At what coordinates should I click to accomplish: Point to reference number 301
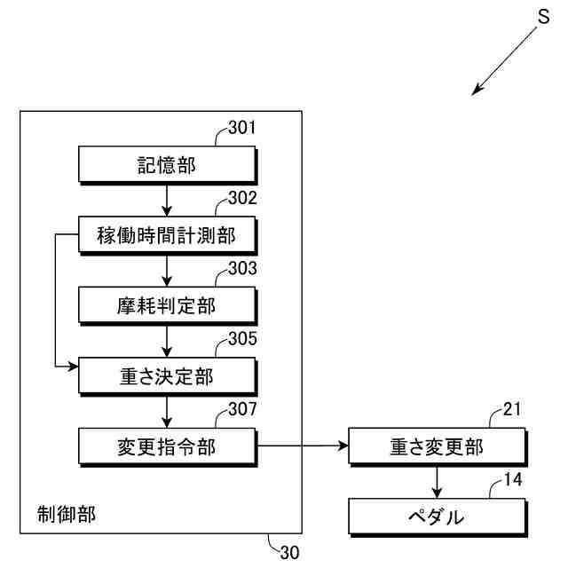coord(241,128)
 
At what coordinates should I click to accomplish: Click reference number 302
coord(241,198)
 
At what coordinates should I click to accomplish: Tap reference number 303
coord(241,268)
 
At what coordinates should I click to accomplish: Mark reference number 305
coord(241,338)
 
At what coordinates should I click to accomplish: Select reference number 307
coord(241,408)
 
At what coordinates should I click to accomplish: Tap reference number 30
coord(289,552)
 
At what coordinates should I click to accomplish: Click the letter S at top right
coord(544,15)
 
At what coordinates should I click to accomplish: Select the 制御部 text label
coord(67,512)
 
